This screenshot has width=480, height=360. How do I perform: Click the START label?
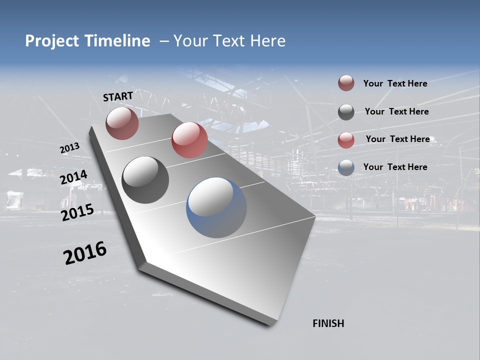(x=118, y=96)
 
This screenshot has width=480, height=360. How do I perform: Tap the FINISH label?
(x=328, y=323)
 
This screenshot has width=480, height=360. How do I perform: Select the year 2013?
(x=69, y=148)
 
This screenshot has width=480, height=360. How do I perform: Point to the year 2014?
(x=74, y=177)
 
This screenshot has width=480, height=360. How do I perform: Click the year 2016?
(x=85, y=253)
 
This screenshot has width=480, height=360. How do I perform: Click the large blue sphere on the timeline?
(x=216, y=207)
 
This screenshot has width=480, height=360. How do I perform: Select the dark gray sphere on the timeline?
(x=145, y=179)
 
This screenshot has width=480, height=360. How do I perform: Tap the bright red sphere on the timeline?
(x=189, y=140)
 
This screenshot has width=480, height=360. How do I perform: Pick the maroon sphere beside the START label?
(x=122, y=123)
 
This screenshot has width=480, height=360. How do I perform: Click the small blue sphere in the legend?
(x=346, y=167)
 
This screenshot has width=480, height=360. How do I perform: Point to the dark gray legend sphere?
(x=346, y=112)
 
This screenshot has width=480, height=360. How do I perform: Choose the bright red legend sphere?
(x=346, y=140)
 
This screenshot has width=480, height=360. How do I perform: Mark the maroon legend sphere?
(x=346, y=83)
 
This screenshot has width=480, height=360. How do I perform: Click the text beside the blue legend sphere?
(x=395, y=167)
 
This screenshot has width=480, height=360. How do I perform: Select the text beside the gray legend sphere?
(x=396, y=111)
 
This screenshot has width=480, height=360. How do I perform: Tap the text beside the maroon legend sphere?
(x=395, y=83)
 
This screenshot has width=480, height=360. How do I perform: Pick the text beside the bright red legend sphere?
(x=397, y=139)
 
